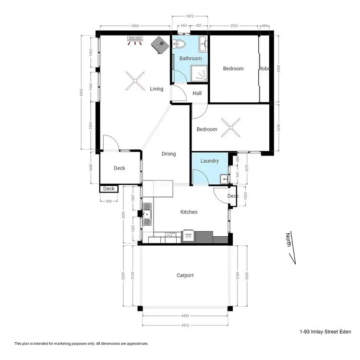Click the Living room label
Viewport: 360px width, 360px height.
(156, 89)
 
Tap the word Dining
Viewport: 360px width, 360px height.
(168, 154)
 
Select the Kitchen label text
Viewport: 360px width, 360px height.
(189, 212)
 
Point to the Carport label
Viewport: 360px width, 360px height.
(185, 275)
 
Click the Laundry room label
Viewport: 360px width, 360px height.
(210, 161)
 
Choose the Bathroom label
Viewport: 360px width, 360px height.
(191, 59)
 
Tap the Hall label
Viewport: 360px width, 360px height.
(197, 94)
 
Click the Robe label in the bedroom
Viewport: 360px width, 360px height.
(265, 69)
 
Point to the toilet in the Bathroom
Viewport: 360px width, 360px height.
(180, 45)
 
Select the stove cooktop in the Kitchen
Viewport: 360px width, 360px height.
(188, 236)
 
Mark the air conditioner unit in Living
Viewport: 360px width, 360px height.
(135, 40)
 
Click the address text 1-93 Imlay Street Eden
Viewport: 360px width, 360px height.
(325, 332)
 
